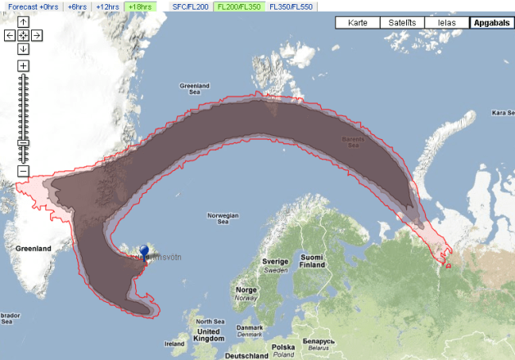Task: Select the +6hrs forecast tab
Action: click(x=78, y=6)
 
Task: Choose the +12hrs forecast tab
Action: click(x=107, y=6)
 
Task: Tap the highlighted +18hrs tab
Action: click(x=139, y=6)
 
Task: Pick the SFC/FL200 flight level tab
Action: click(x=190, y=6)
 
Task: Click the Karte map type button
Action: click(x=358, y=23)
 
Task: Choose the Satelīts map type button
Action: click(x=402, y=23)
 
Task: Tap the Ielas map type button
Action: click(x=446, y=23)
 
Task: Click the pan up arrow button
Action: click(x=23, y=21)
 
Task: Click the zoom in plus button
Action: click(x=23, y=65)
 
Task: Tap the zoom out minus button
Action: click(x=23, y=171)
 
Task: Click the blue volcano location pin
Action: click(x=144, y=251)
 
